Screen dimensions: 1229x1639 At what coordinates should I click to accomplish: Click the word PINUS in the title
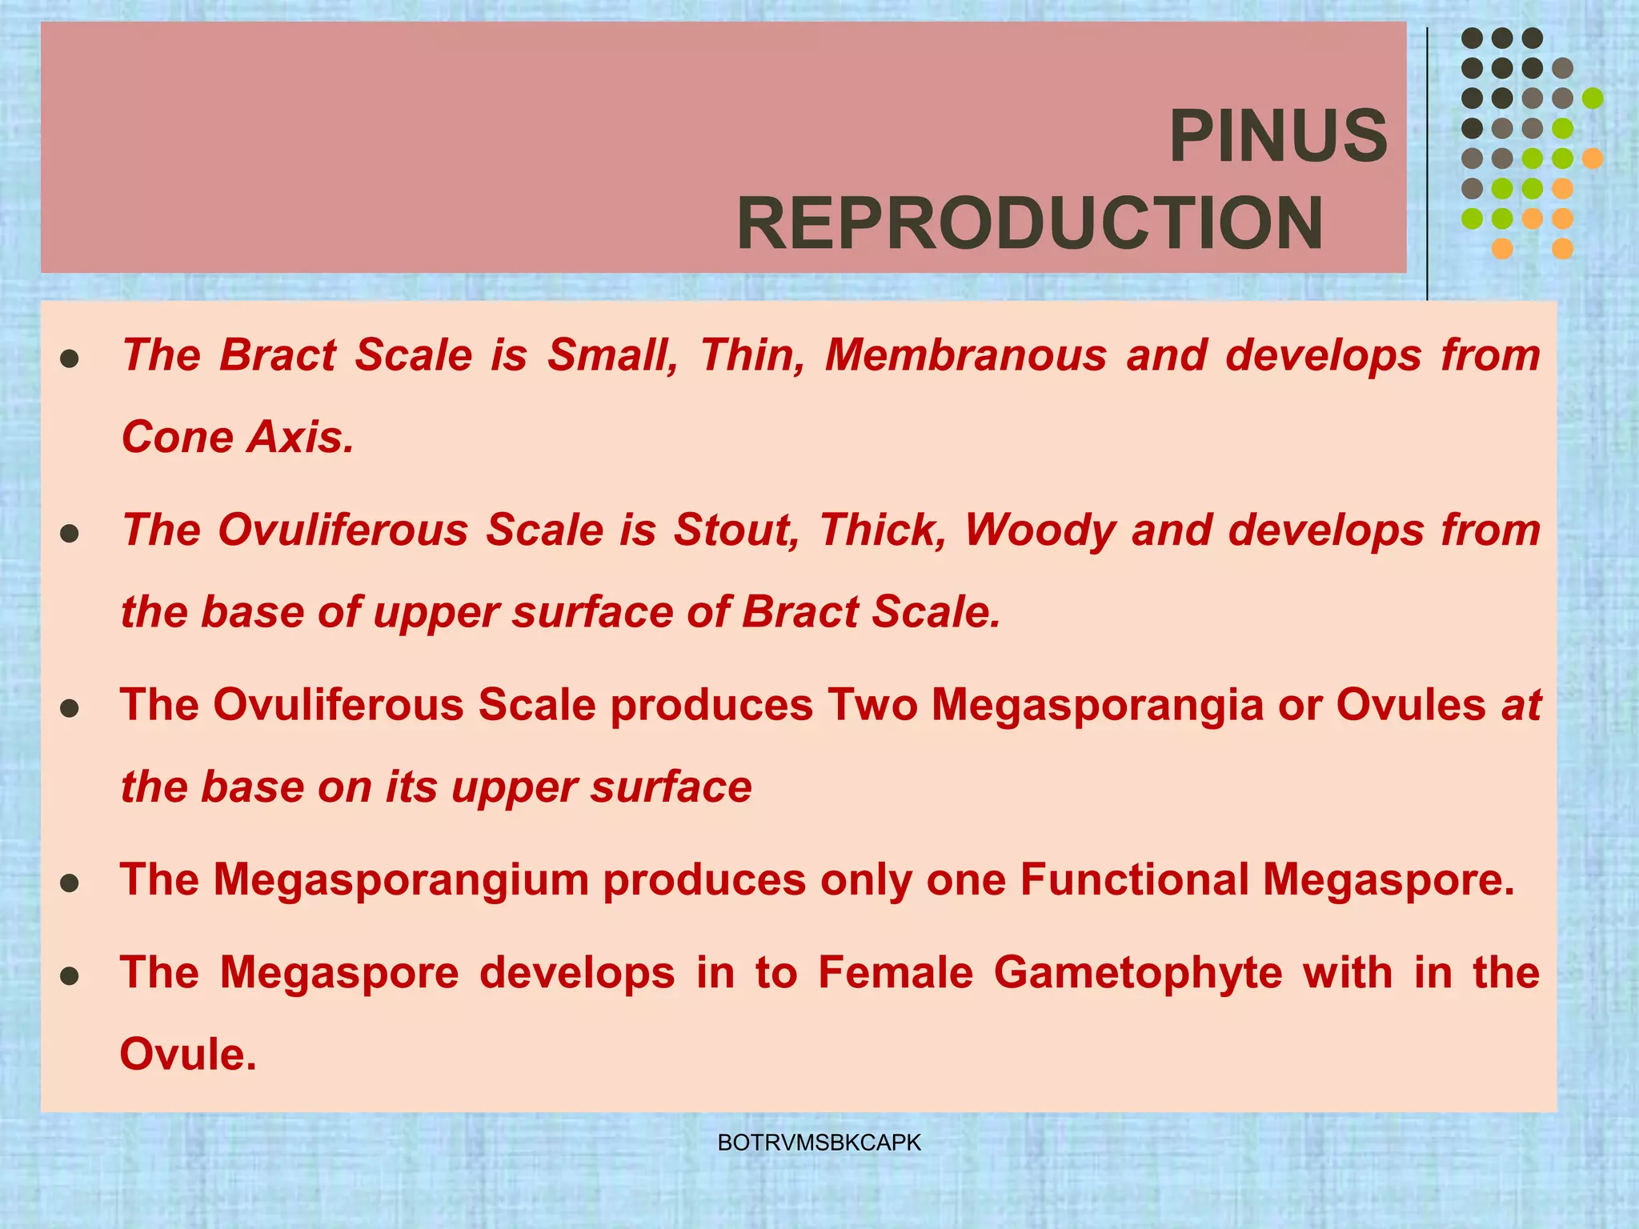tap(1277, 136)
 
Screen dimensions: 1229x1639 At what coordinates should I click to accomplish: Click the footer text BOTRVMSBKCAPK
tap(819, 1143)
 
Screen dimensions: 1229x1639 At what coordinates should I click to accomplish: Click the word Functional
tap(1134, 879)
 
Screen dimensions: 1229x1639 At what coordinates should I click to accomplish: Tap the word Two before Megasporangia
tap(873, 705)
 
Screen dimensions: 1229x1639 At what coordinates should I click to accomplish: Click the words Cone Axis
tap(237, 437)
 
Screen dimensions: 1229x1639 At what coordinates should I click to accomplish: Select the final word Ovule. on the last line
tap(188, 1054)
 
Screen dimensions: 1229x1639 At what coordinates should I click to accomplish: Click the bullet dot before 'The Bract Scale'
tap(70, 358)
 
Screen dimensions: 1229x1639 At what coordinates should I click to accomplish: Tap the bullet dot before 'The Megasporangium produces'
tap(70, 883)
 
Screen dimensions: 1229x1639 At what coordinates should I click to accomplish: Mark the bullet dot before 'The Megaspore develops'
tap(70, 976)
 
